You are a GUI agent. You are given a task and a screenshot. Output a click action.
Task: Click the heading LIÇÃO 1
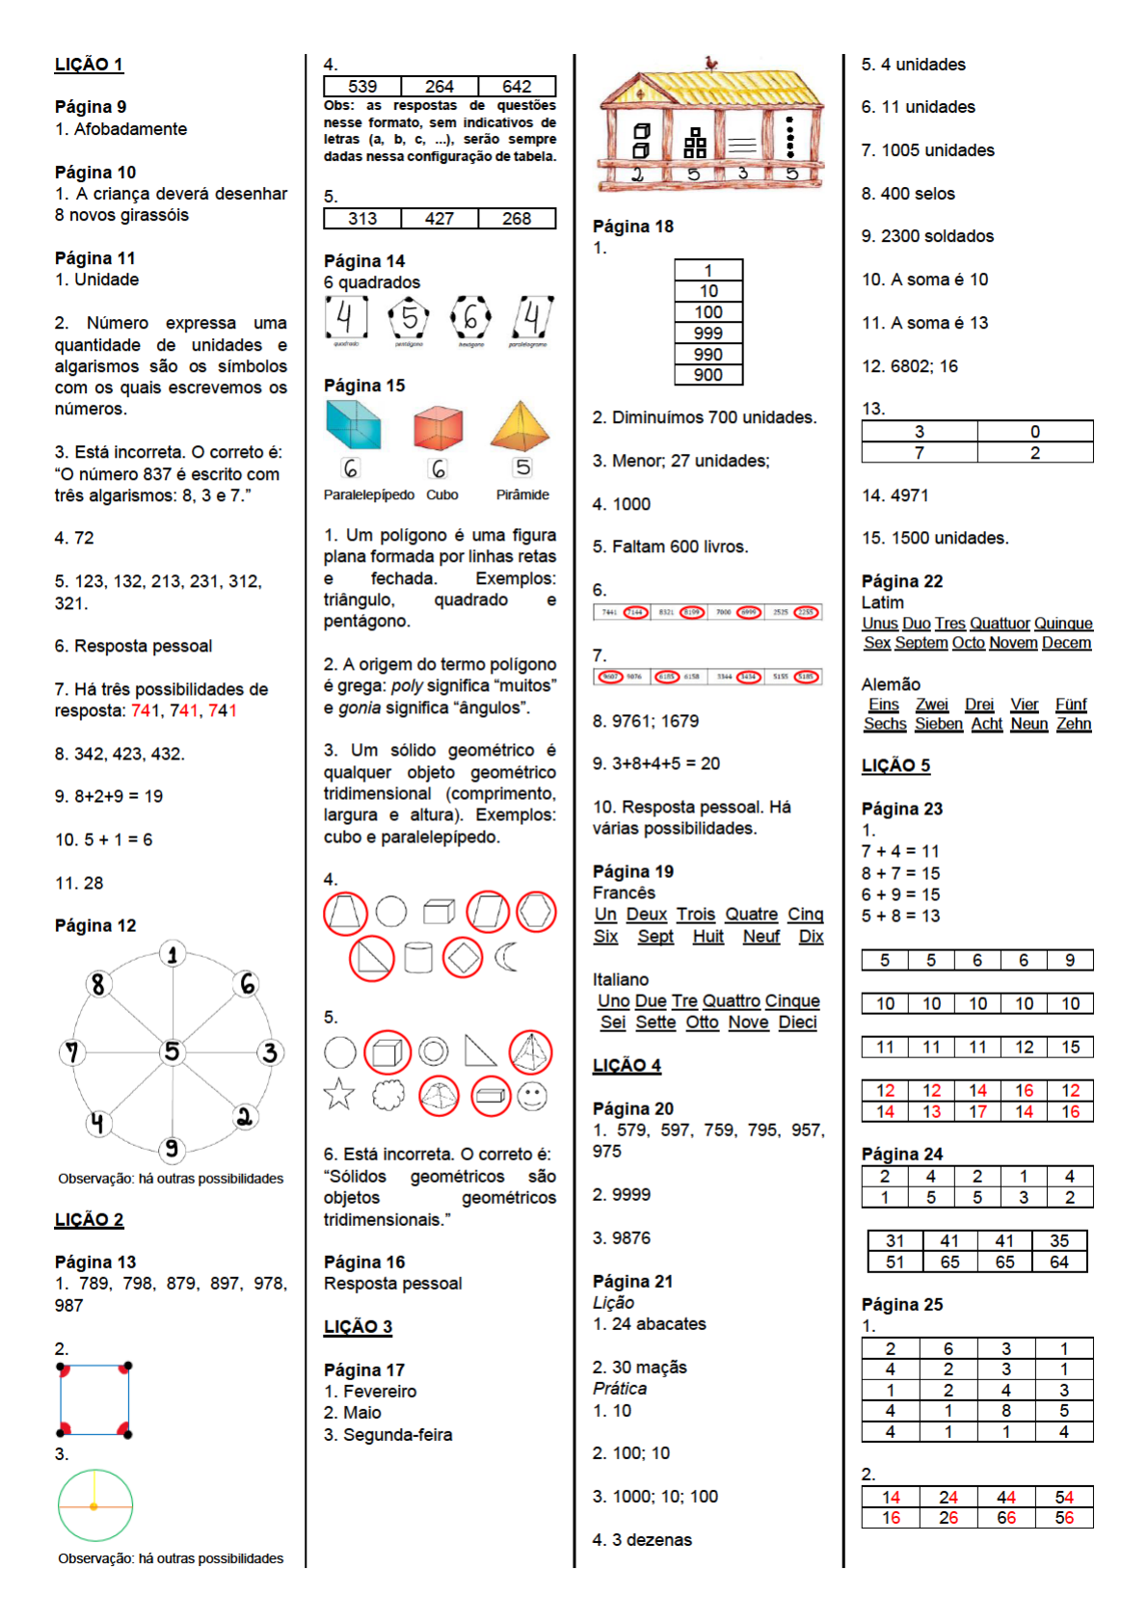(89, 65)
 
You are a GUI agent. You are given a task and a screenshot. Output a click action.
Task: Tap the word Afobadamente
(130, 129)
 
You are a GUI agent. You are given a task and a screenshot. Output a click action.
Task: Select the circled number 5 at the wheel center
(172, 1051)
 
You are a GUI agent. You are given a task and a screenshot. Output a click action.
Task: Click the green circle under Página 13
(94, 1504)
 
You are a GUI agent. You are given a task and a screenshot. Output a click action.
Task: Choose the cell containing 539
(362, 87)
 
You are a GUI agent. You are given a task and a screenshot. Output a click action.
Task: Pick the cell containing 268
(517, 219)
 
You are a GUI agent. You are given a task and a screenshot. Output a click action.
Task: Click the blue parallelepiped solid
(353, 425)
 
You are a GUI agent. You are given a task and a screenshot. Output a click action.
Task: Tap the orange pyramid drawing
(520, 426)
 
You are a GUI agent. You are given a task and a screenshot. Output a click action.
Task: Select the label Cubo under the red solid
(442, 494)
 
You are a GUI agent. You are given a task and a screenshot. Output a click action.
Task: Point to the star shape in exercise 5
(339, 1095)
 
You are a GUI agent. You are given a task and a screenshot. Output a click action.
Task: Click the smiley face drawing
(532, 1095)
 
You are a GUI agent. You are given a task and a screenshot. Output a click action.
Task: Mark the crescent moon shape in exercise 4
(506, 957)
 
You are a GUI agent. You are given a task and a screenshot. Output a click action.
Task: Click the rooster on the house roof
(711, 64)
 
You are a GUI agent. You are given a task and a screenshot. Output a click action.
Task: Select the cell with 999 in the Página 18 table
(708, 333)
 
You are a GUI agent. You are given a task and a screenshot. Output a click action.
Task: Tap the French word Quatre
(751, 915)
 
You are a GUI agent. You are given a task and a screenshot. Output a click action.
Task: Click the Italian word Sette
(655, 1023)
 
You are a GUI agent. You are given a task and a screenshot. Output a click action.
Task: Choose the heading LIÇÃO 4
(627, 1066)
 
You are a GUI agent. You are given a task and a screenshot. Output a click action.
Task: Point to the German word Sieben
(939, 724)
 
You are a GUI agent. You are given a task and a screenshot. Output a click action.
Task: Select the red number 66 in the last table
(1006, 1518)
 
